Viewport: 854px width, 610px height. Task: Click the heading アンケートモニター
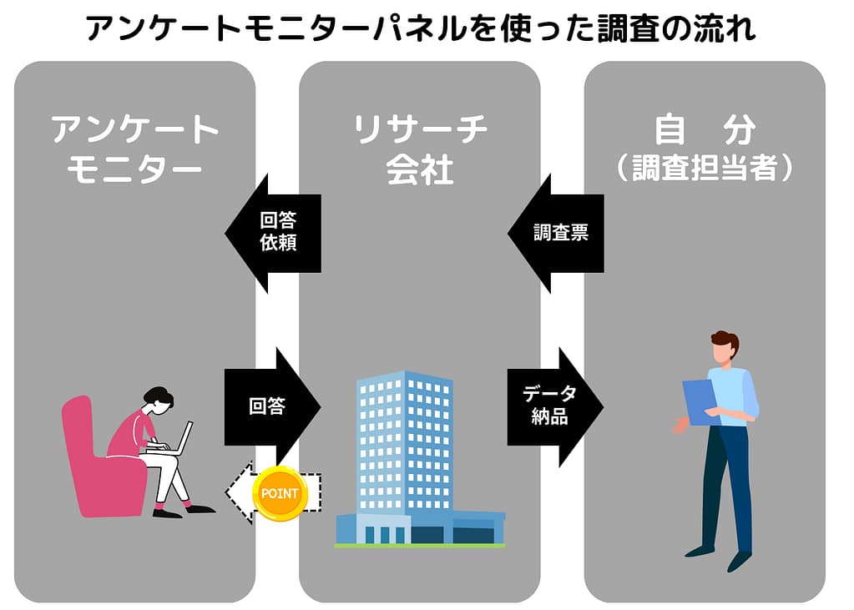(x=134, y=149)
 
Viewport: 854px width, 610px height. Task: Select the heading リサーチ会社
(x=420, y=149)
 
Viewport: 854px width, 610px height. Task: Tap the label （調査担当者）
(x=705, y=168)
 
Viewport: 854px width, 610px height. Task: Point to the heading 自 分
(x=705, y=130)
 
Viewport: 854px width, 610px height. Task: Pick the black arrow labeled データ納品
(x=553, y=406)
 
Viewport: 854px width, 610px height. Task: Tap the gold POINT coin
(x=280, y=493)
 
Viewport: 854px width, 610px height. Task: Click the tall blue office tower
(x=404, y=442)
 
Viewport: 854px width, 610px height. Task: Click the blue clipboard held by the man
(x=700, y=401)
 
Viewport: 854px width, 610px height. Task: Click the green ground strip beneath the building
(x=420, y=546)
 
